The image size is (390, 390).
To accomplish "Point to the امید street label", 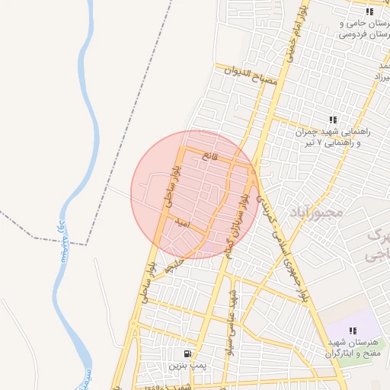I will [181, 225].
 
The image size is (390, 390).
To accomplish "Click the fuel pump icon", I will [187, 354].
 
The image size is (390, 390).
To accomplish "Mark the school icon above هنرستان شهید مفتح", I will [353, 331].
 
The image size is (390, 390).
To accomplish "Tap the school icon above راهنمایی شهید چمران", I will [333, 120].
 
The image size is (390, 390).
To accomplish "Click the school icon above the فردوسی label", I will [369, 11].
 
